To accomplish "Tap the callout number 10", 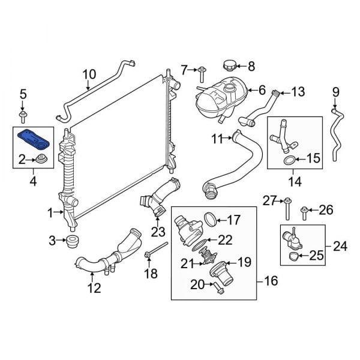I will [89, 75].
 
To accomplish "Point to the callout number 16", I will [269, 280].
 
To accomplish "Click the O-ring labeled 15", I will [289, 160].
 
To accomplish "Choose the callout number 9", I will [335, 92].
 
